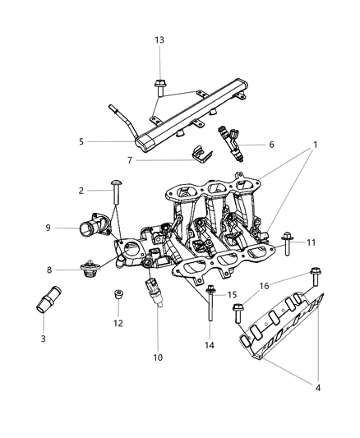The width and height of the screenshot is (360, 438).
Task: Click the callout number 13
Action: pyautogui.click(x=159, y=40)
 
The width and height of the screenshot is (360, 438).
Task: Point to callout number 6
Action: pyautogui.click(x=271, y=144)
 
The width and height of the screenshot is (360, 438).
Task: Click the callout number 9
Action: pyautogui.click(x=48, y=228)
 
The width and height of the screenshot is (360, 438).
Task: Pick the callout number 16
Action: pyautogui.click(x=263, y=288)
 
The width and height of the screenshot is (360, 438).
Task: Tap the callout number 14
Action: pyautogui.click(x=208, y=347)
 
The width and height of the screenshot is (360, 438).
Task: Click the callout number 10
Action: pyautogui.click(x=158, y=357)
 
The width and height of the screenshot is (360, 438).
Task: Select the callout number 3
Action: pyautogui.click(x=43, y=339)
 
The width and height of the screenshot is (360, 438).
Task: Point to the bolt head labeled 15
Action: pyautogui.click(x=212, y=290)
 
